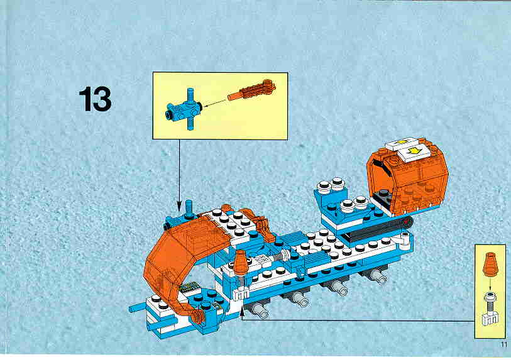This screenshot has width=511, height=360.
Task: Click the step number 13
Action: click(95, 99)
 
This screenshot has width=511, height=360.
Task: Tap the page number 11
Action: click(504, 344)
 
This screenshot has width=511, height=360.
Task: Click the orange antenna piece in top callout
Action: click(251, 90)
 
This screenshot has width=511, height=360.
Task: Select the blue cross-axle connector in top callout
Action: click(183, 109)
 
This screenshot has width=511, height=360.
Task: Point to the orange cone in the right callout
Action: click(490, 264)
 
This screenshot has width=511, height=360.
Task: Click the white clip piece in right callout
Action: click(490, 317)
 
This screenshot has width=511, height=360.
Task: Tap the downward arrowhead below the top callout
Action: click(179, 205)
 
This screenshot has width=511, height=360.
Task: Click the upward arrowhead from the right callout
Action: click(241, 312)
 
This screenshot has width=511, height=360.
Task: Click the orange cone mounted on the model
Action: click(241, 261)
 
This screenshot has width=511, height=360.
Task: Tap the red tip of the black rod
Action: click(407, 222)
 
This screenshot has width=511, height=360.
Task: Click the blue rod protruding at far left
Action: click(137, 307)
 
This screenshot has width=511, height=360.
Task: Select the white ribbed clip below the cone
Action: click(241, 294)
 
